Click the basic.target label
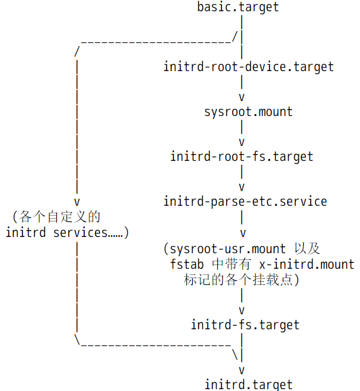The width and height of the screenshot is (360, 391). (238, 7)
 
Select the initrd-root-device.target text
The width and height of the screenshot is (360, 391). (248, 67)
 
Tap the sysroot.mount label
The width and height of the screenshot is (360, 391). (248, 112)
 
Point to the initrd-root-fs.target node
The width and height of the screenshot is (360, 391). (241, 157)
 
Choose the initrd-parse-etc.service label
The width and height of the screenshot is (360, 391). (245, 201)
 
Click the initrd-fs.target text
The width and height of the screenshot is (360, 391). (245, 325)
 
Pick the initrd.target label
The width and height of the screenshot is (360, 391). (248, 385)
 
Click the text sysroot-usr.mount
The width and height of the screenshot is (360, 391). (228, 249)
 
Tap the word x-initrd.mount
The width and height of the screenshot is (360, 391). (306, 264)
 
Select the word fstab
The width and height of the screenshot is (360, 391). (187, 264)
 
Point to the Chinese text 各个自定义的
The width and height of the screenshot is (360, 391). (60, 216)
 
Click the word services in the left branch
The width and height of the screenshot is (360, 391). (80, 233)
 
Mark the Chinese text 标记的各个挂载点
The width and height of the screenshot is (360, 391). (238, 279)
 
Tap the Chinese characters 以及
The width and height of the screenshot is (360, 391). (307, 249)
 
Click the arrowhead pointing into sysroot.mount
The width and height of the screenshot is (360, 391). (241, 97)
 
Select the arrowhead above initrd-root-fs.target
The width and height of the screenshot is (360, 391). (241, 142)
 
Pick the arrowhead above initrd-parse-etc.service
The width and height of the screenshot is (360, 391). (241, 187)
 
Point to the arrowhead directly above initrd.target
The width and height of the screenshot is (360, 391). (241, 370)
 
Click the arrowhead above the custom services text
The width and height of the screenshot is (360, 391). (77, 202)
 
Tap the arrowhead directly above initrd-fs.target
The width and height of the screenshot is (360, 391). (241, 311)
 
